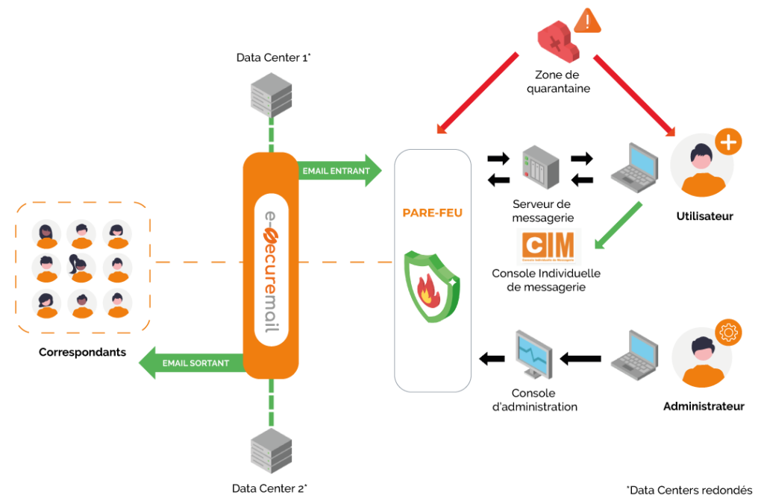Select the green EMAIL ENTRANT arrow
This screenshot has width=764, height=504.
(339, 171)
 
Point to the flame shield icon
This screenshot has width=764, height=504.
(431, 286)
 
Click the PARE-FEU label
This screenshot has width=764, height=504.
(433, 213)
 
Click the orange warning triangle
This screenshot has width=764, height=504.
(589, 21)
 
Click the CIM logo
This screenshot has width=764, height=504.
(548, 247)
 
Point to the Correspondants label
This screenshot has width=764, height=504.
(82, 352)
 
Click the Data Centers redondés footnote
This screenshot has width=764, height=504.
(689, 490)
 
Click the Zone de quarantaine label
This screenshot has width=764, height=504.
(563, 82)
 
